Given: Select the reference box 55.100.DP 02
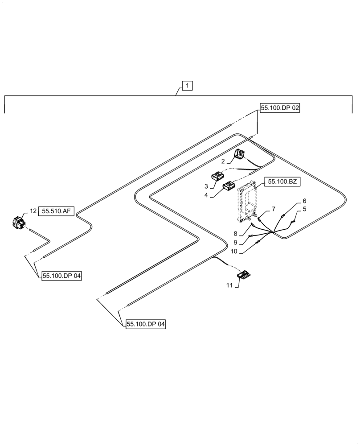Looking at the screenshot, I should [280, 108].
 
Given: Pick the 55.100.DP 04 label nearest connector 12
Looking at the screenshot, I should [62, 277].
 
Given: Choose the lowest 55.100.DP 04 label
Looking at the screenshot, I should [145, 325].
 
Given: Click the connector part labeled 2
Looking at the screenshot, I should [240, 154].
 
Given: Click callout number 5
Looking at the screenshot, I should [304, 209].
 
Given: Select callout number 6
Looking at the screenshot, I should [304, 201].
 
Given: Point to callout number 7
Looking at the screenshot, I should [274, 209].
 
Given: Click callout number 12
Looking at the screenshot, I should [33, 211].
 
